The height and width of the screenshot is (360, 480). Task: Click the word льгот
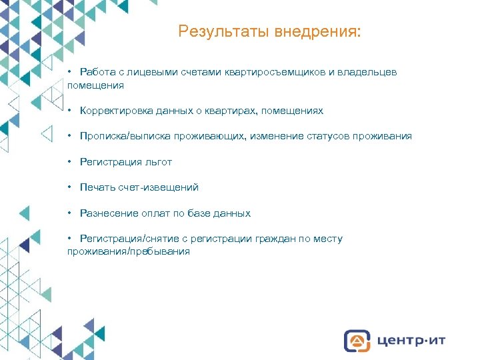[159, 162]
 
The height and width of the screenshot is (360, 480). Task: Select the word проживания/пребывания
[128, 251]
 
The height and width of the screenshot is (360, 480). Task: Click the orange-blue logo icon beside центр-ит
[357, 340]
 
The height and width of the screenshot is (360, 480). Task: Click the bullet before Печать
[69, 187]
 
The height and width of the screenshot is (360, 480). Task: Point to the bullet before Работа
[69, 72]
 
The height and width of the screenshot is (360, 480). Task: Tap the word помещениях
[294, 111]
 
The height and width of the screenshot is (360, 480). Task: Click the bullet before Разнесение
[69, 213]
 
